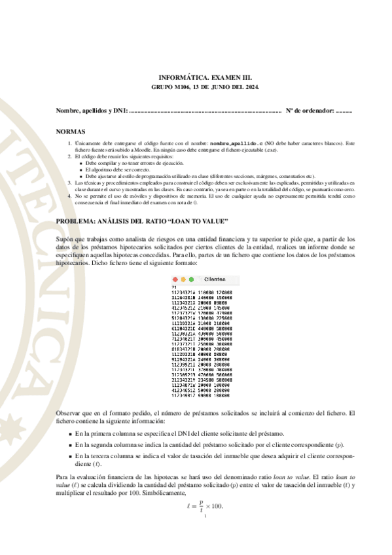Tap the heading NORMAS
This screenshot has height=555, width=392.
pyautogui.click(x=71, y=131)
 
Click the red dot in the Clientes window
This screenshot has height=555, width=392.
pyautogui.click(x=175, y=279)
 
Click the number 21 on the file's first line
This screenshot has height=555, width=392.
pyautogui.click(x=173, y=287)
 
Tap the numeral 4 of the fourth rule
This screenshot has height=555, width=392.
pyautogui.click(x=70, y=196)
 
